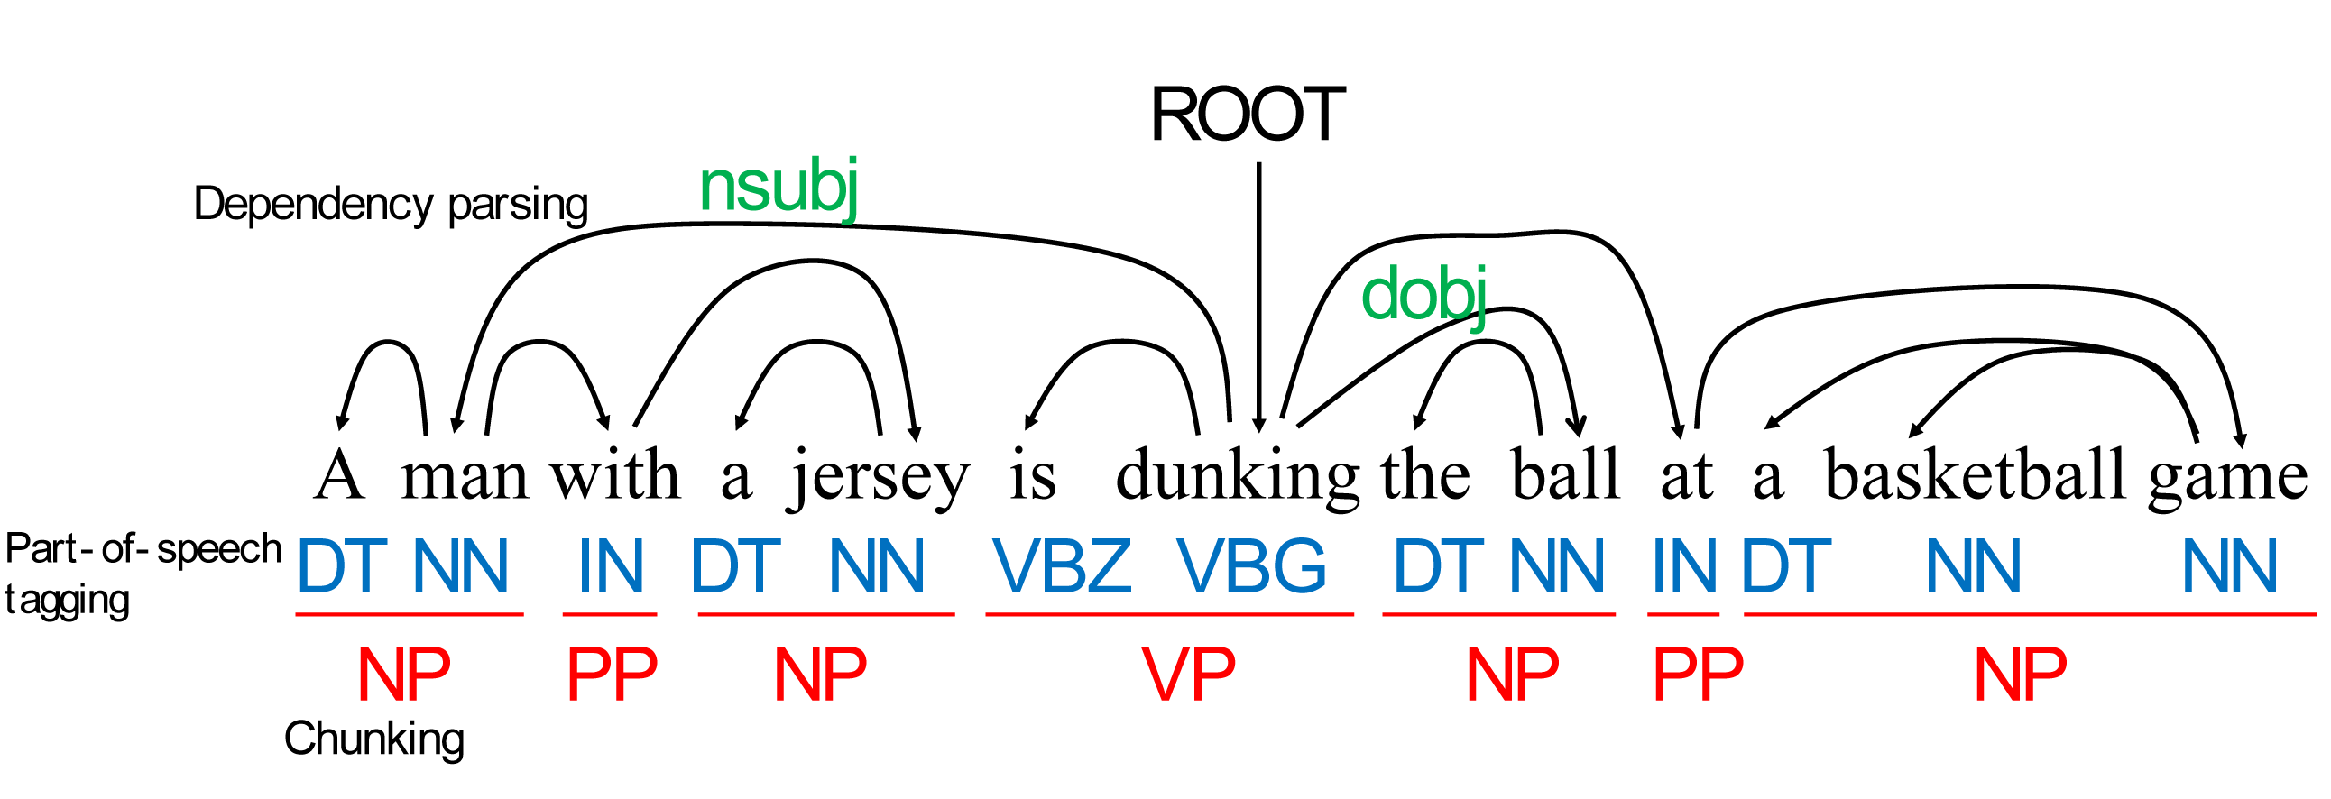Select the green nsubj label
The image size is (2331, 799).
click(779, 188)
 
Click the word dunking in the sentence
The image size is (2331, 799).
click(1236, 476)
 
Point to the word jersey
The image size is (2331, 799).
click(880, 478)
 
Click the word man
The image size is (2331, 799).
click(465, 476)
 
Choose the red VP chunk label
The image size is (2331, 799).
click(1188, 675)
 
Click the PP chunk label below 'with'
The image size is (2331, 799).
click(612, 675)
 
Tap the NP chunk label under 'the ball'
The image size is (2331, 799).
click(1513, 675)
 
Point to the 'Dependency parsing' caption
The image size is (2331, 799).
click(391, 205)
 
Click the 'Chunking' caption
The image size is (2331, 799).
click(373, 739)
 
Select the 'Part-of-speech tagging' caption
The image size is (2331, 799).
click(143, 574)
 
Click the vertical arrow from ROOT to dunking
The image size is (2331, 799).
click(1258, 289)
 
